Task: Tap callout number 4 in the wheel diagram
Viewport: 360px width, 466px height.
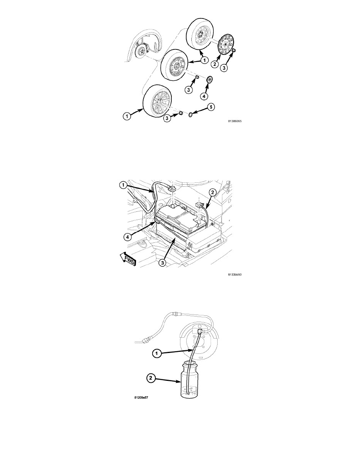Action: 204,96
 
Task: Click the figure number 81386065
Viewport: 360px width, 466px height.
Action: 235,121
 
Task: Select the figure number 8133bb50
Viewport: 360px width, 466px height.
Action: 235,275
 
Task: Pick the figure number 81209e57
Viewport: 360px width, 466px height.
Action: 141,398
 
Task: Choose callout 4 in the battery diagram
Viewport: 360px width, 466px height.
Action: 127,237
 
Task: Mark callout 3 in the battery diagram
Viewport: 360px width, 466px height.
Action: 162,263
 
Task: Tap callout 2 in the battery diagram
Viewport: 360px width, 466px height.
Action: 212,193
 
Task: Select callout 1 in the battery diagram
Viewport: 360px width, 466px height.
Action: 123,186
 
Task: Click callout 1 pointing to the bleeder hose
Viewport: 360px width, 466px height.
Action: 156,353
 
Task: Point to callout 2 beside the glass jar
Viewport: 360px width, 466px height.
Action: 151,378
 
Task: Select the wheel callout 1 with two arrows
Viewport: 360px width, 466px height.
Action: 204,60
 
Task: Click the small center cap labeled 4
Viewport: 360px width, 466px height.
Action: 209,80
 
